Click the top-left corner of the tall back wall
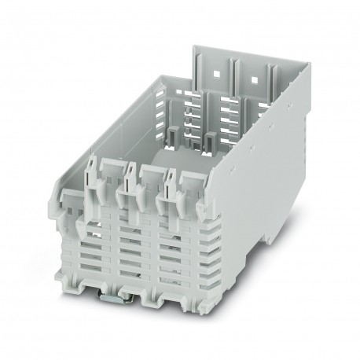point(194,46)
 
